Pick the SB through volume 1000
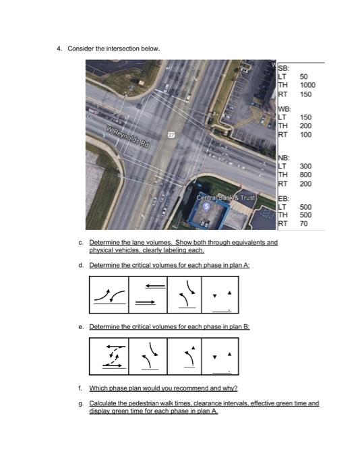click(308, 86)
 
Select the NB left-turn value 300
click(305, 166)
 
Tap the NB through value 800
click(305, 175)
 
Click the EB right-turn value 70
click(303, 223)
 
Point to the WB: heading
click(285, 109)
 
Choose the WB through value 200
click(305, 126)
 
